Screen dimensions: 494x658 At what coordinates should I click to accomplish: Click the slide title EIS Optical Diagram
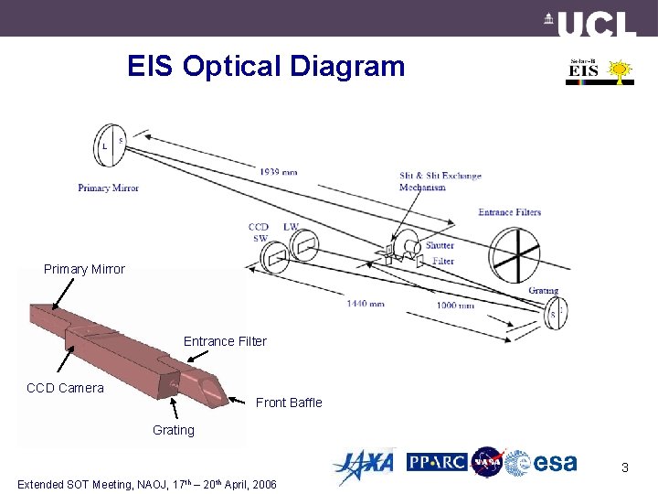pos(265,67)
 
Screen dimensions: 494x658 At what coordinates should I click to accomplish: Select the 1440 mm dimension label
pos(366,303)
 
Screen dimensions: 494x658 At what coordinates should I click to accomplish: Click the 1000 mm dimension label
pos(454,306)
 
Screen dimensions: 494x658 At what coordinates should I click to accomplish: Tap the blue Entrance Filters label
pos(509,212)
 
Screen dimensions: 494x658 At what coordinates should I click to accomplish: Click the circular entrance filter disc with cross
pos(517,255)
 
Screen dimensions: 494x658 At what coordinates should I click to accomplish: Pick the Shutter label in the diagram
pos(439,245)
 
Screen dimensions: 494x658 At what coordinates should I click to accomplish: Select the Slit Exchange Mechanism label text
pos(440,181)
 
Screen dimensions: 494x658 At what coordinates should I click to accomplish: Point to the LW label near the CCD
pos(291,227)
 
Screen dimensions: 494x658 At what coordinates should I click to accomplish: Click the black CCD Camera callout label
pos(65,388)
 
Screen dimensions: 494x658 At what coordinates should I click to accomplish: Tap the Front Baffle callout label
pos(289,403)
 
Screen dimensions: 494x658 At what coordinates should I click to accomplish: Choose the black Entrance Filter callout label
pos(225,341)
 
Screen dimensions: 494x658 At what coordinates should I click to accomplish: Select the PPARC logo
pos(437,462)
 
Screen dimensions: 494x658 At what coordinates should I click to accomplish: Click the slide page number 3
pos(624,467)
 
